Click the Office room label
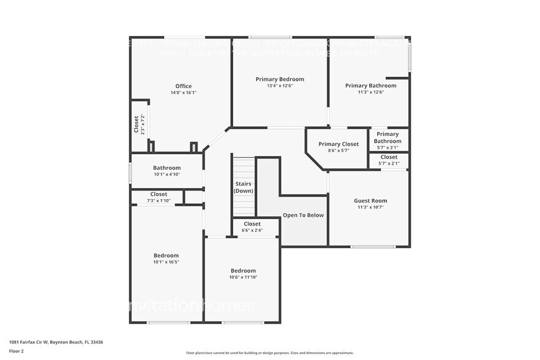pyautogui.click(x=183, y=86)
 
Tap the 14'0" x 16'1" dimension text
pyautogui.click(x=183, y=93)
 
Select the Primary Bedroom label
pyautogui.click(x=279, y=79)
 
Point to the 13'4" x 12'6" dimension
pyautogui.click(x=279, y=86)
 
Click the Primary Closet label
pyautogui.click(x=339, y=144)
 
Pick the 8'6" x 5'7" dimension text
pyautogui.click(x=339, y=151)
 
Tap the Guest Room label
pyautogui.click(x=370, y=200)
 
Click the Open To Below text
pyautogui.click(x=303, y=215)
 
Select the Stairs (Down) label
pyautogui.click(x=243, y=187)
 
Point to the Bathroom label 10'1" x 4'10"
pyautogui.click(x=167, y=168)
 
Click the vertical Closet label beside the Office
pyautogui.click(x=137, y=124)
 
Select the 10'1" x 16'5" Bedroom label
pyautogui.click(x=166, y=255)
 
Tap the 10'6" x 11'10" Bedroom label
pyautogui.click(x=243, y=271)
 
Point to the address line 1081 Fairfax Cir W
pyautogui.click(x=56, y=342)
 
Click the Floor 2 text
pyautogui.click(x=17, y=351)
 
